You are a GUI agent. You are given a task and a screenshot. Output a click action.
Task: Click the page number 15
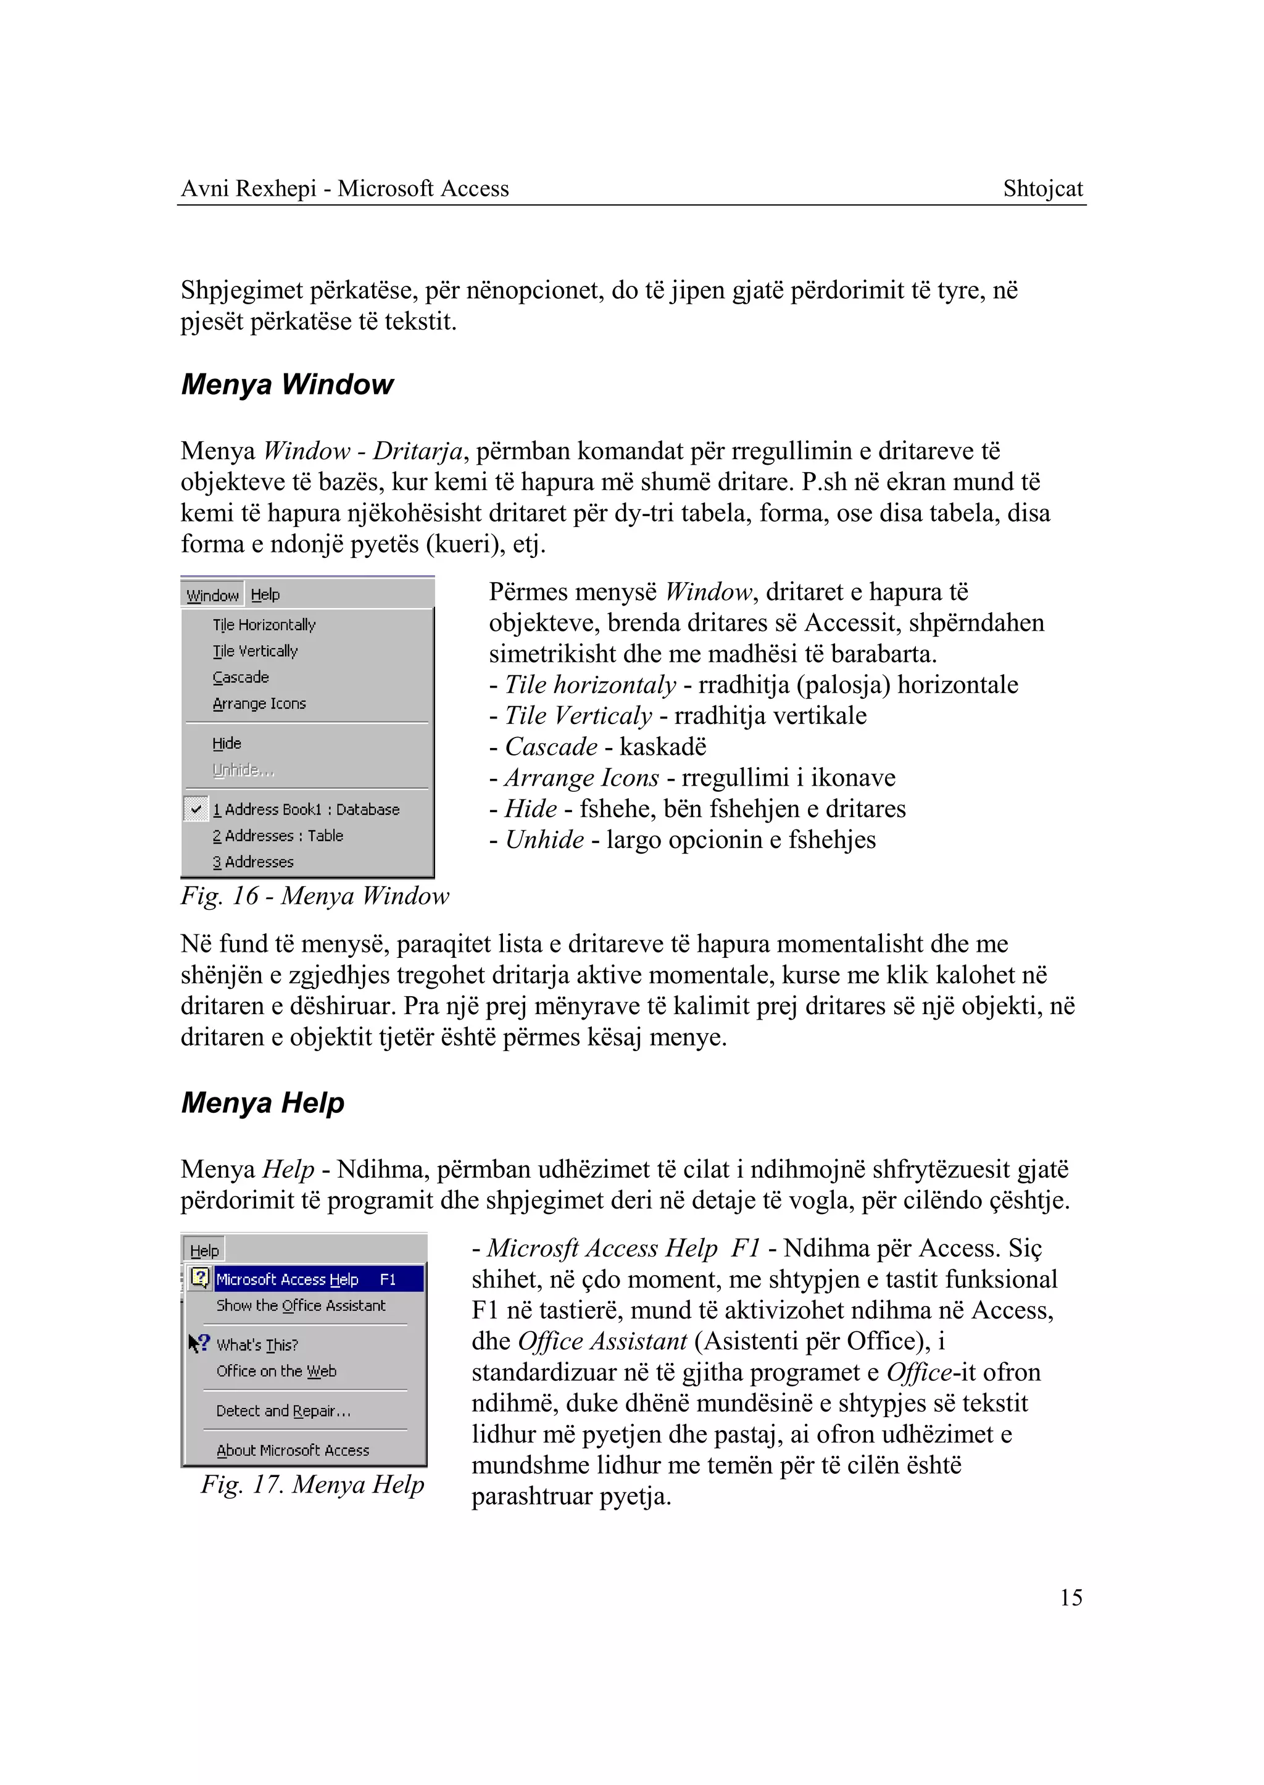(x=1070, y=1597)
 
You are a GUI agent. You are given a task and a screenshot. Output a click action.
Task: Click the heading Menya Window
(x=287, y=385)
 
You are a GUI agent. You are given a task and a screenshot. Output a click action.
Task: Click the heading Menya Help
(x=262, y=1103)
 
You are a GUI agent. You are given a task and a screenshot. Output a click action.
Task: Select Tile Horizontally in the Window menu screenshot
(x=264, y=625)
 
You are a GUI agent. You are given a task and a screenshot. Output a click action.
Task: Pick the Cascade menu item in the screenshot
(x=241, y=677)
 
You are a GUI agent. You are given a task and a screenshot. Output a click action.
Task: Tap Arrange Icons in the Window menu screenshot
(x=259, y=704)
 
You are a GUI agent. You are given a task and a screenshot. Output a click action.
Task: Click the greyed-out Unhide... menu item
(x=243, y=770)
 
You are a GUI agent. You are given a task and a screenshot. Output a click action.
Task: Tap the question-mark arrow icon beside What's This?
(x=199, y=1343)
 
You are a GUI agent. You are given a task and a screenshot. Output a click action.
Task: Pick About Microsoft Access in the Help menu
(x=293, y=1450)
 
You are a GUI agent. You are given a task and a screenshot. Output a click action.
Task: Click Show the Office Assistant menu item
(x=301, y=1306)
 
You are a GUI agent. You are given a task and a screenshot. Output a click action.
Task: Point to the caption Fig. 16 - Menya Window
(x=314, y=896)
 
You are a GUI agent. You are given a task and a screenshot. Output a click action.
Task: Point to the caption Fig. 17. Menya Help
(x=312, y=1484)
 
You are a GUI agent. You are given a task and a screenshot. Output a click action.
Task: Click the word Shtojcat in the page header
(x=1042, y=189)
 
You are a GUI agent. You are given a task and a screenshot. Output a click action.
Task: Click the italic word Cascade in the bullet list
(x=551, y=747)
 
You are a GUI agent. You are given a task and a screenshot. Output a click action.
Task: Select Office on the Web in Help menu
(x=276, y=1371)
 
